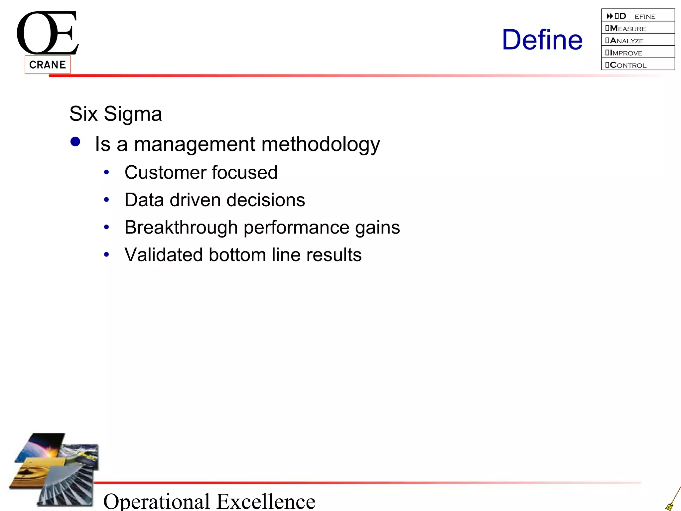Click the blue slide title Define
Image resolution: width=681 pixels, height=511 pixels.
coord(542,40)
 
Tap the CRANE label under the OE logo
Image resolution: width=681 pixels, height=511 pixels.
coord(48,65)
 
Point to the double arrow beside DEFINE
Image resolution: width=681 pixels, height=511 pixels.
coord(610,16)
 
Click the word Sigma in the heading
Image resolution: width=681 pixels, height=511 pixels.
coord(133,114)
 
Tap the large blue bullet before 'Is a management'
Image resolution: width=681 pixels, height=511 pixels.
coord(75,142)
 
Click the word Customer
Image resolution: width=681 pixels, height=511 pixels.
coord(165,172)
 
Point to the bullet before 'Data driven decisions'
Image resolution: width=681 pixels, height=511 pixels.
coord(106,200)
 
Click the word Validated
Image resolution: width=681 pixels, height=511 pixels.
coord(163,255)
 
